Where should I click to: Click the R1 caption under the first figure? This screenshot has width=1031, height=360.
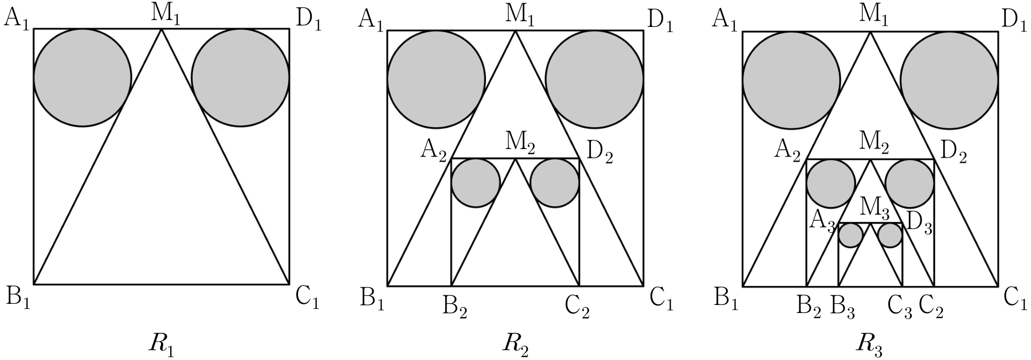161,343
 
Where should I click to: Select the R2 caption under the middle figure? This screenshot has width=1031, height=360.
516,343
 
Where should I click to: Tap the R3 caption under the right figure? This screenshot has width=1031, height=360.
870,343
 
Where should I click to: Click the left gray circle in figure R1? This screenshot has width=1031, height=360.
82,77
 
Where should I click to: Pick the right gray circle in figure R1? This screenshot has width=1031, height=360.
240,77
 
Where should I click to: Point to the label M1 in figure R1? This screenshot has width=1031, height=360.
164,14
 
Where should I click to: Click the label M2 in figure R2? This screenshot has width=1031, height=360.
520,142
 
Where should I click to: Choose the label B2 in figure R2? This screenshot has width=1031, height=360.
455,310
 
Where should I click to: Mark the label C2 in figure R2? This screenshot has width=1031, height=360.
577,310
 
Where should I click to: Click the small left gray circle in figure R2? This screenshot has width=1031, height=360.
476,183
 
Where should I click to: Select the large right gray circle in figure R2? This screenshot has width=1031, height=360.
594,78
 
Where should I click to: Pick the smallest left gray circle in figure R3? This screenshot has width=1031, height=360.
851,235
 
